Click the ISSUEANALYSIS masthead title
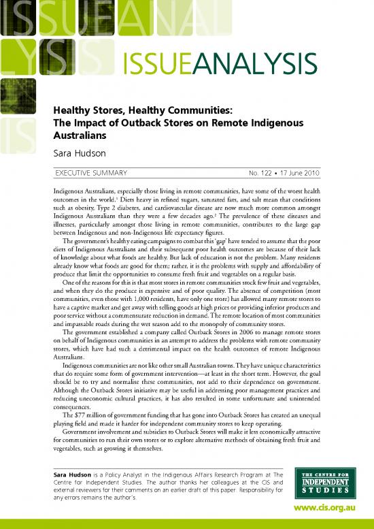(x=219, y=68)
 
